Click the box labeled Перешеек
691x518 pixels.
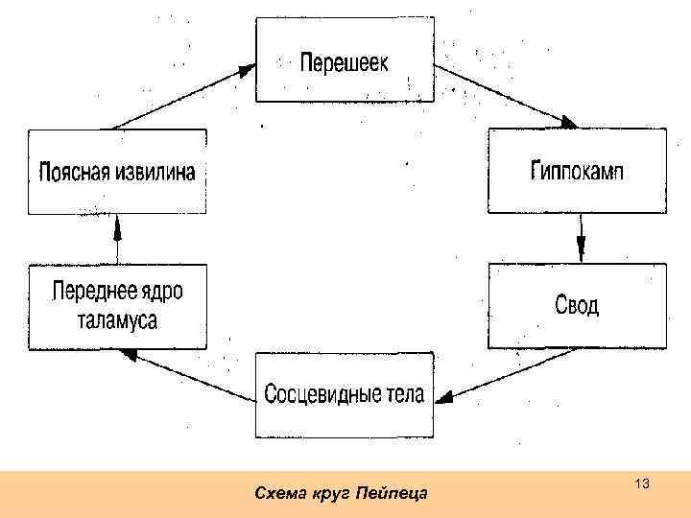coord(345,60)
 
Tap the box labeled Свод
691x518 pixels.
coord(578,305)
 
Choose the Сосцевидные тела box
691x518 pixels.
coord(345,394)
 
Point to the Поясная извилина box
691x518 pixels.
coord(117,172)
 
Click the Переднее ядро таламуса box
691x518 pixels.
coord(117,306)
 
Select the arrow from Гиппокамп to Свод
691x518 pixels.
coord(580,238)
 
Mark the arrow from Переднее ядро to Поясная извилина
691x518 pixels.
coord(117,240)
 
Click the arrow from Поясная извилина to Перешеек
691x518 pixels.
coord(182,96)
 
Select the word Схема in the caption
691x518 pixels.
coord(278,494)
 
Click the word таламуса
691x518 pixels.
coord(117,320)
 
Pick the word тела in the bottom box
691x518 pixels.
coord(402,395)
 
